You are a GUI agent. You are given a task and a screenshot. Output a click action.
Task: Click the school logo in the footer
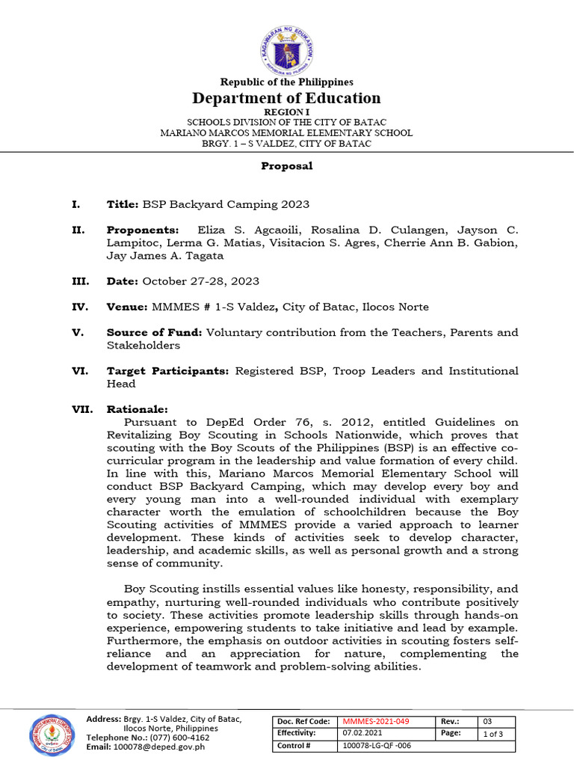55,734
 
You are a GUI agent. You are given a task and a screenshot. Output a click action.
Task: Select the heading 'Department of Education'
287,98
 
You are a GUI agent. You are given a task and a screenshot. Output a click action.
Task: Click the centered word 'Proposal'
287,166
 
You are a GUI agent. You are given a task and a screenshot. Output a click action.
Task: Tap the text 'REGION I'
287,111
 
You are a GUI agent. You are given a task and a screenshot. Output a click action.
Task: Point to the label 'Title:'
123,204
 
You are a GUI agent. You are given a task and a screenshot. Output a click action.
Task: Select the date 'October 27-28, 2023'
201,281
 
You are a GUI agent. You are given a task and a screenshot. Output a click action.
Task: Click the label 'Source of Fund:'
154,332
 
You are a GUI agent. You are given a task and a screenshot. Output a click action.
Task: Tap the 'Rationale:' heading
138,409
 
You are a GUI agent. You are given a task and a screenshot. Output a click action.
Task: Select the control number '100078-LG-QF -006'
376,746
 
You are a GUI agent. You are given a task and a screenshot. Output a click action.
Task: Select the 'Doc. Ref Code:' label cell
304,720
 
